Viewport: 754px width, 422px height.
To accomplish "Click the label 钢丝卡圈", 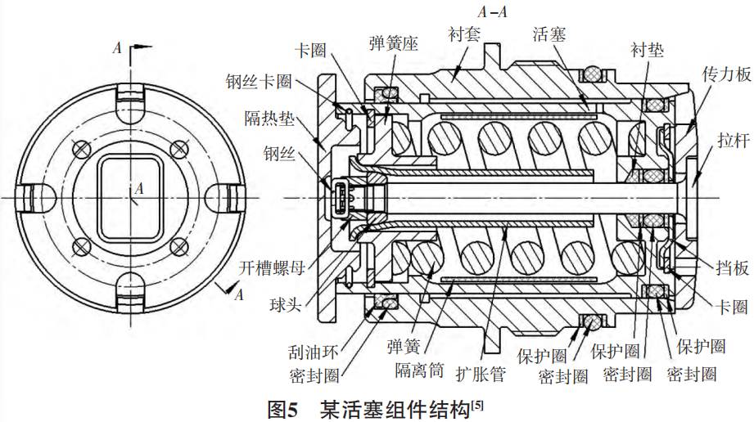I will coord(260,82).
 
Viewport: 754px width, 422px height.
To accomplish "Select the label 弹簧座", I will coord(393,44).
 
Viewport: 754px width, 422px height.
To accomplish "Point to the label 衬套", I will coord(464,34).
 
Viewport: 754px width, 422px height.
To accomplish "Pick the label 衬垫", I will coord(647,51).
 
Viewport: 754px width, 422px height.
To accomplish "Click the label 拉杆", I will coord(730,141).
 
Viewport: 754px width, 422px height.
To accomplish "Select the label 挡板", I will coord(731,267).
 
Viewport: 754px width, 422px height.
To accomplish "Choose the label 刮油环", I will coord(313,353).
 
